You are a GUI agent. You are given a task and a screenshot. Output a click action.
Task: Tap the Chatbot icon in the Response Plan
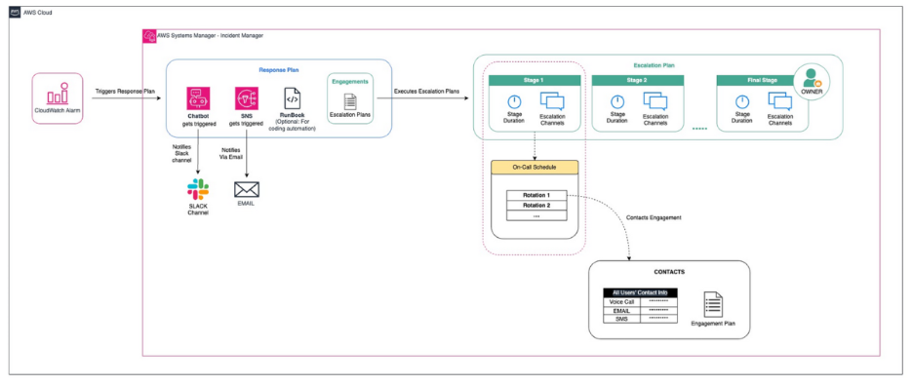[x=199, y=98]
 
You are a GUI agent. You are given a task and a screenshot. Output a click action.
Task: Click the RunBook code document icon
[x=292, y=98]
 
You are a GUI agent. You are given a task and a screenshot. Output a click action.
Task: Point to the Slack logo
[x=198, y=189]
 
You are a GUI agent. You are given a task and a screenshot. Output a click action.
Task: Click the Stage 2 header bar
[x=637, y=80]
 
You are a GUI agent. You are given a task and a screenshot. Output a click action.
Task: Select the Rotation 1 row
[x=536, y=195]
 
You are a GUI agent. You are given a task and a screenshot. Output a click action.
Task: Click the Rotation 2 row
[x=536, y=206]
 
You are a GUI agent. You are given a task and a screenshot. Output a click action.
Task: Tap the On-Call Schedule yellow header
[x=534, y=167]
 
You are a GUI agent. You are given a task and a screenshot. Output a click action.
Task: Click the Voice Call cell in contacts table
[x=620, y=301]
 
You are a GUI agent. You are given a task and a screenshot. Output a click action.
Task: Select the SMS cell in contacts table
[x=620, y=319]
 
